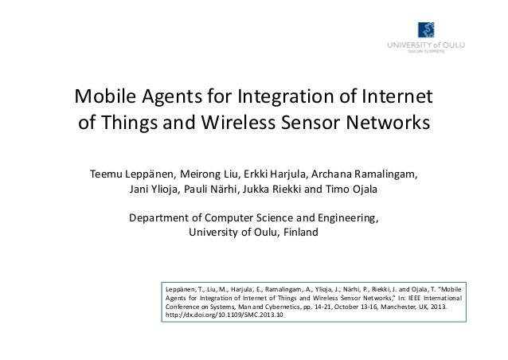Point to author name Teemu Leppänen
(x=133, y=174)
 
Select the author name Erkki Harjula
(x=276, y=174)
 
